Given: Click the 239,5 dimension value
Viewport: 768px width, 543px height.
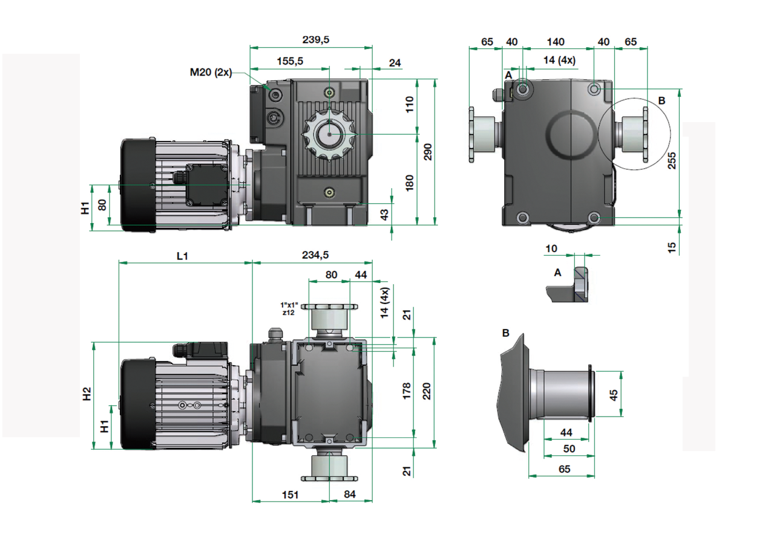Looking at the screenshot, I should [x=315, y=39].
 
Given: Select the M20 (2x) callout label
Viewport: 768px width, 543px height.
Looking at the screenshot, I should [x=211, y=72].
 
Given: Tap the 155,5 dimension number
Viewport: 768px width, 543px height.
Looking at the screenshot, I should [x=290, y=61].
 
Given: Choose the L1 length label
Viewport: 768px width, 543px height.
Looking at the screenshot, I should [x=182, y=256].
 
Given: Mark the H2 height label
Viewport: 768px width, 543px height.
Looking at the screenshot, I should [x=87, y=394].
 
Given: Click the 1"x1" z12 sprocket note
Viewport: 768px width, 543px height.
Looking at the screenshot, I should [x=289, y=308].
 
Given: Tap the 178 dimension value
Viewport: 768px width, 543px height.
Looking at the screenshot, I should [x=407, y=390].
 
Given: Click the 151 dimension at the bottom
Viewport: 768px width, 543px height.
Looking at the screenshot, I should [x=291, y=495].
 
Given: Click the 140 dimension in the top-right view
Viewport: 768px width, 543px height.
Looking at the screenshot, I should [x=555, y=42].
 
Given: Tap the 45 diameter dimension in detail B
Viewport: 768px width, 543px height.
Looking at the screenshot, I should [x=613, y=395].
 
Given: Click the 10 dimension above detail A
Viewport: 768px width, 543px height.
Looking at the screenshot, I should [x=551, y=249].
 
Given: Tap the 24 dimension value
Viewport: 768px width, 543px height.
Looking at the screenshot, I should [x=395, y=62].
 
